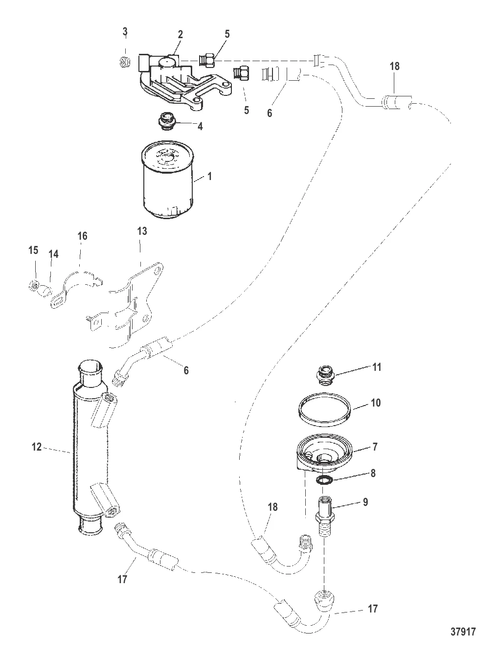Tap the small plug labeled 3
tap(124, 62)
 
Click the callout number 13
tap(142, 231)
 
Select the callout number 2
tap(180, 34)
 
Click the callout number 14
tap(54, 254)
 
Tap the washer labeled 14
tap(45, 291)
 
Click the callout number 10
tap(376, 403)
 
